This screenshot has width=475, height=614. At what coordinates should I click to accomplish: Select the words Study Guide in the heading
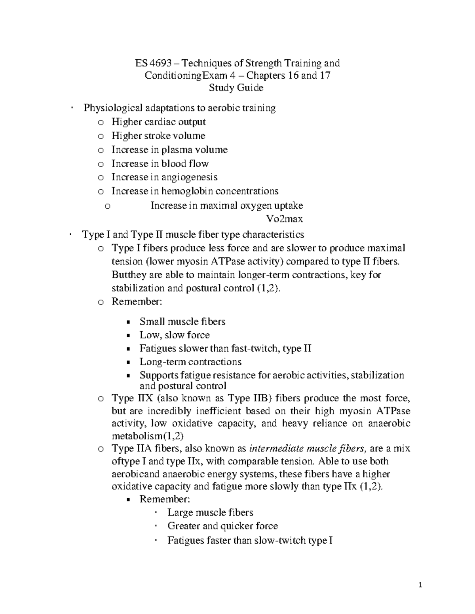236,88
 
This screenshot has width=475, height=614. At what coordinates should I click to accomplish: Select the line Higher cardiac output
158,122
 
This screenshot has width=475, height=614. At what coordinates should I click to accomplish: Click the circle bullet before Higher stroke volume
101,136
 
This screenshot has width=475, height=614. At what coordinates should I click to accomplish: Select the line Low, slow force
174,335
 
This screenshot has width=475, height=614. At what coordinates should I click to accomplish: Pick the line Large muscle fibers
210,513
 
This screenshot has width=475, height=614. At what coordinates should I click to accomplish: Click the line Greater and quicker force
222,526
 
